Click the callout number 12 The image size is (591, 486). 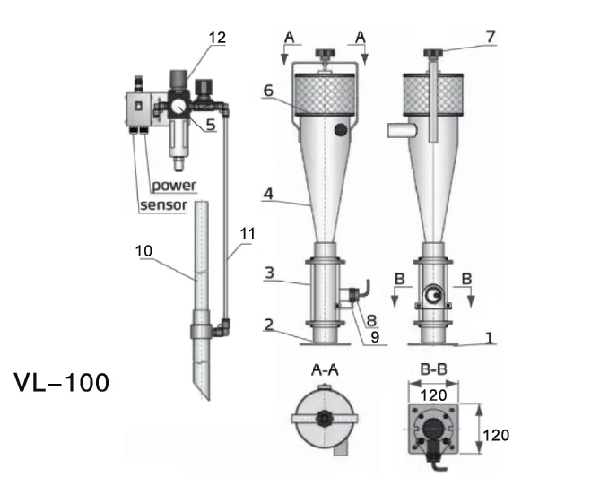[x=217, y=38]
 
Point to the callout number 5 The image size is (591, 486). [x=211, y=126]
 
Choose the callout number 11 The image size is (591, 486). [x=248, y=233]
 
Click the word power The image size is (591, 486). [x=173, y=186]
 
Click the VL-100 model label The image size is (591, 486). [x=62, y=383]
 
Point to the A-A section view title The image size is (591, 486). [x=326, y=372]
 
